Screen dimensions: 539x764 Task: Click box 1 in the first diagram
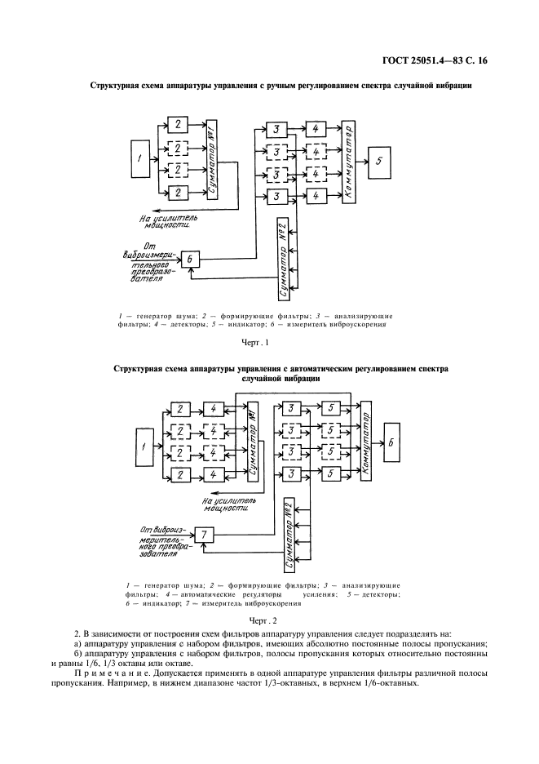(x=141, y=158)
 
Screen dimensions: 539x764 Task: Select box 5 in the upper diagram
(x=380, y=160)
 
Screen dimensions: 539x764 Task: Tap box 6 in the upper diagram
(x=190, y=259)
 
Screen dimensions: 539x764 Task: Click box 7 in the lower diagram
(x=204, y=535)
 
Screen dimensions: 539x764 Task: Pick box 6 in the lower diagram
(x=391, y=443)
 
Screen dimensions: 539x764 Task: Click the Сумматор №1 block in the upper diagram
(x=212, y=159)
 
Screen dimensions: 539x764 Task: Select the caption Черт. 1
(x=255, y=343)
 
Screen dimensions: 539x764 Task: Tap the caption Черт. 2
(x=263, y=621)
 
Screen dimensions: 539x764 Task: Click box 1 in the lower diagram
(x=144, y=446)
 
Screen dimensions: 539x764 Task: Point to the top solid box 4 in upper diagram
(x=316, y=129)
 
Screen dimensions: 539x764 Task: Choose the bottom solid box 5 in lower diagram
(x=330, y=473)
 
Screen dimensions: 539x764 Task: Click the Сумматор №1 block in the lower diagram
(x=252, y=442)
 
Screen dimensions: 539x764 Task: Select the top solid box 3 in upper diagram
(x=276, y=130)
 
